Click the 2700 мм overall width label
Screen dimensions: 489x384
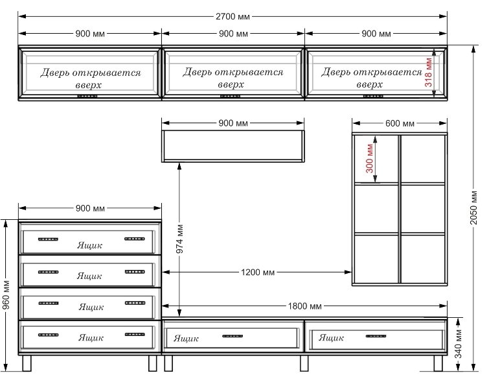pos(233,16)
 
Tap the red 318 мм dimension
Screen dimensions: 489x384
pos(429,72)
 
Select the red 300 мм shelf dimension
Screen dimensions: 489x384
pos(370,158)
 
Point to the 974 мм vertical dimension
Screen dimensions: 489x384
pos(180,239)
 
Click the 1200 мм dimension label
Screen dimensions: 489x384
pos(258,272)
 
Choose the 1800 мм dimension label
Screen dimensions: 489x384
pos(304,306)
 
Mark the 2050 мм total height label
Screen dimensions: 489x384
pos(473,208)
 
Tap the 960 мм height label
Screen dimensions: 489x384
pos(6,295)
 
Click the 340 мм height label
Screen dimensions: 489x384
pos(458,344)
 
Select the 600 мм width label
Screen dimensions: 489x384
pos(400,123)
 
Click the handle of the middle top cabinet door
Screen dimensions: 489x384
pos(230,96)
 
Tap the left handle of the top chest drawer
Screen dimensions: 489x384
pos(48,239)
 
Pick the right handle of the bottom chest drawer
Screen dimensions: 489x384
pos(135,335)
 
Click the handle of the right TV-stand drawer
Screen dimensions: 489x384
pos(376,336)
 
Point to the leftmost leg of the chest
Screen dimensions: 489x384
pos(27,363)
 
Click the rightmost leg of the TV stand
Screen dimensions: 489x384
pos(438,363)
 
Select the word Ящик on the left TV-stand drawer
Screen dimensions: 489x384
pos(186,339)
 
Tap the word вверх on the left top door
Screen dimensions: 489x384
pos(89,85)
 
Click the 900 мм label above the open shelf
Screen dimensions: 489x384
pos(233,123)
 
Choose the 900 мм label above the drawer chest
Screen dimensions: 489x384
pos(90,208)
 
